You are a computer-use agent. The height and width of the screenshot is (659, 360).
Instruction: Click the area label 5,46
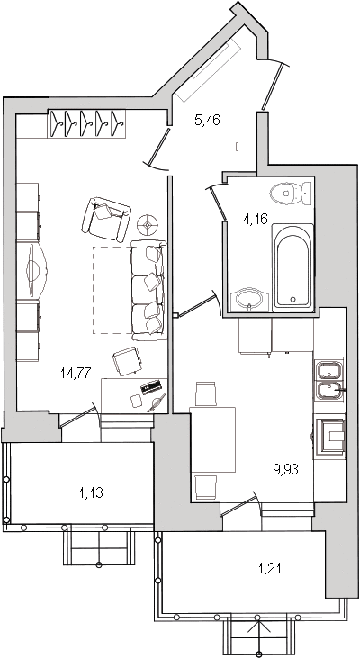(x=208, y=121)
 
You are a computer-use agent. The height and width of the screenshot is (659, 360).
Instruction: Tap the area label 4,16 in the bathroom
(x=256, y=219)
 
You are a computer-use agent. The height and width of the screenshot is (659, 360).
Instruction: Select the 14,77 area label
(x=76, y=373)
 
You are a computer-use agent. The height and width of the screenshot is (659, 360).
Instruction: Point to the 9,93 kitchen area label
(x=286, y=469)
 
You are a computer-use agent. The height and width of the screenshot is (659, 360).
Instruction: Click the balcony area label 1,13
(x=91, y=492)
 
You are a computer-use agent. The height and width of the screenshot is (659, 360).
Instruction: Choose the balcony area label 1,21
(x=269, y=569)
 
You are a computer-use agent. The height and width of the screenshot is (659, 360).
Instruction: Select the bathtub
(x=292, y=267)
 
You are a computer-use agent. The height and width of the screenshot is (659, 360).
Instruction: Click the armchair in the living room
(x=106, y=219)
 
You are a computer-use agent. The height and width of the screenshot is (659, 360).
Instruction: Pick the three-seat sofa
(x=148, y=290)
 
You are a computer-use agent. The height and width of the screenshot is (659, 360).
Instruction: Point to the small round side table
(x=148, y=225)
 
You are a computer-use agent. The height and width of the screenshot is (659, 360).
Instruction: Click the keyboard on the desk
(x=151, y=386)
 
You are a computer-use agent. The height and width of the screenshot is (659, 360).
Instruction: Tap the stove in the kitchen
(x=330, y=436)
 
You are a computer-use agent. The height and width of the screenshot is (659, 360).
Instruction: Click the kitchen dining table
(x=212, y=439)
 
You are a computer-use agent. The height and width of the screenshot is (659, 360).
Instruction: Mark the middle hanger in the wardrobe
(x=87, y=123)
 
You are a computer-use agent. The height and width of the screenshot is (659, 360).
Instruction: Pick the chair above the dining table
(x=206, y=394)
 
